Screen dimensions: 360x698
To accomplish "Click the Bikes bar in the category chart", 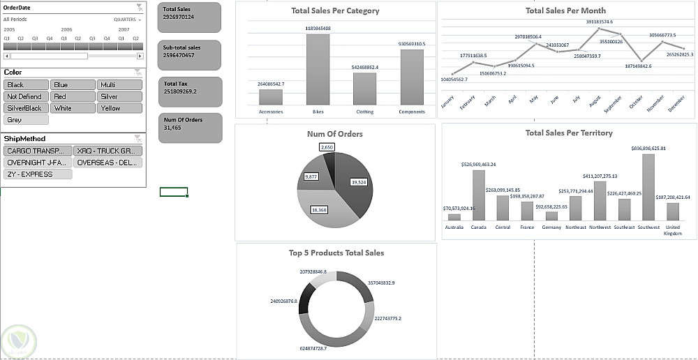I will pyautogui.click(x=318, y=69).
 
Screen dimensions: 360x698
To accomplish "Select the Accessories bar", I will pyautogui.click(x=270, y=97).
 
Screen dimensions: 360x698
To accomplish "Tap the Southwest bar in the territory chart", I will pyautogui.click(x=648, y=187).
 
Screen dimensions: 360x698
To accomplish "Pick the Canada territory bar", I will pyautogui.click(x=478, y=195).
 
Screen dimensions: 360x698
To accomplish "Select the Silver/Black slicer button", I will pyautogui.click(x=26, y=108).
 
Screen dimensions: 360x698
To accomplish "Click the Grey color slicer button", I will pyautogui.click(x=26, y=120).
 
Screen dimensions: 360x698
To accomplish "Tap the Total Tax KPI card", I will pyautogui.click(x=189, y=91).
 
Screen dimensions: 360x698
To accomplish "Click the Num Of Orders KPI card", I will pyautogui.click(x=189, y=128).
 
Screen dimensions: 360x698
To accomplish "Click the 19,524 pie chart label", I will pyautogui.click(x=358, y=181).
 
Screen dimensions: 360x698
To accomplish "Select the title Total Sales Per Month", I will pyautogui.click(x=565, y=10).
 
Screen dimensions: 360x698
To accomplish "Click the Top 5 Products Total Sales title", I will pyautogui.click(x=336, y=253).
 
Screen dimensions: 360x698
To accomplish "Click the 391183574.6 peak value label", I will pyautogui.click(x=599, y=22).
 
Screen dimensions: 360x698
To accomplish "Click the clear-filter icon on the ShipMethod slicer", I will pyautogui.click(x=139, y=139).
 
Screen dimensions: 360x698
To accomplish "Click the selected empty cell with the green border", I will pyautogui.click(x=173, y=192).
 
